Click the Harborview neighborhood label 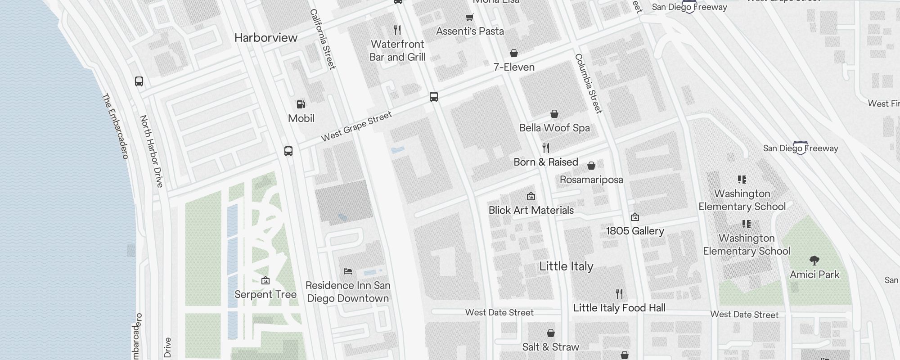(x=266, y=38)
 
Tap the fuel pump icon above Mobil (x=301, y=104)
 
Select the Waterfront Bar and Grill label (x=397, y=50)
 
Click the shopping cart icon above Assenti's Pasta (x=469, y=17)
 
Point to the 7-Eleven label (x=514, y=67)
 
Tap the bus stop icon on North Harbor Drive (x=139, y=81)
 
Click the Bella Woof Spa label (x=554, y=128)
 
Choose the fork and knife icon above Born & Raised (x=546, y=148)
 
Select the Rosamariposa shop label (x=591, y=180)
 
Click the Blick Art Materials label (x=531, y=210)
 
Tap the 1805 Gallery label (x=635, y=231)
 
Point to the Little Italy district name (x=566, y=266)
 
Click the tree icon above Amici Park (x=814, y=260)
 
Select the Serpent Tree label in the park (x=265, y=294)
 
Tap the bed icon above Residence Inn (x=348, y=271)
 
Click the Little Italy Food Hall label (x=619, y=308)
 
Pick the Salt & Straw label (x=551, y=347)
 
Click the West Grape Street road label (x=356, y=127)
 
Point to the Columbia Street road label (x=588, y=84)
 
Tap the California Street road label (x=323, y=40)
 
